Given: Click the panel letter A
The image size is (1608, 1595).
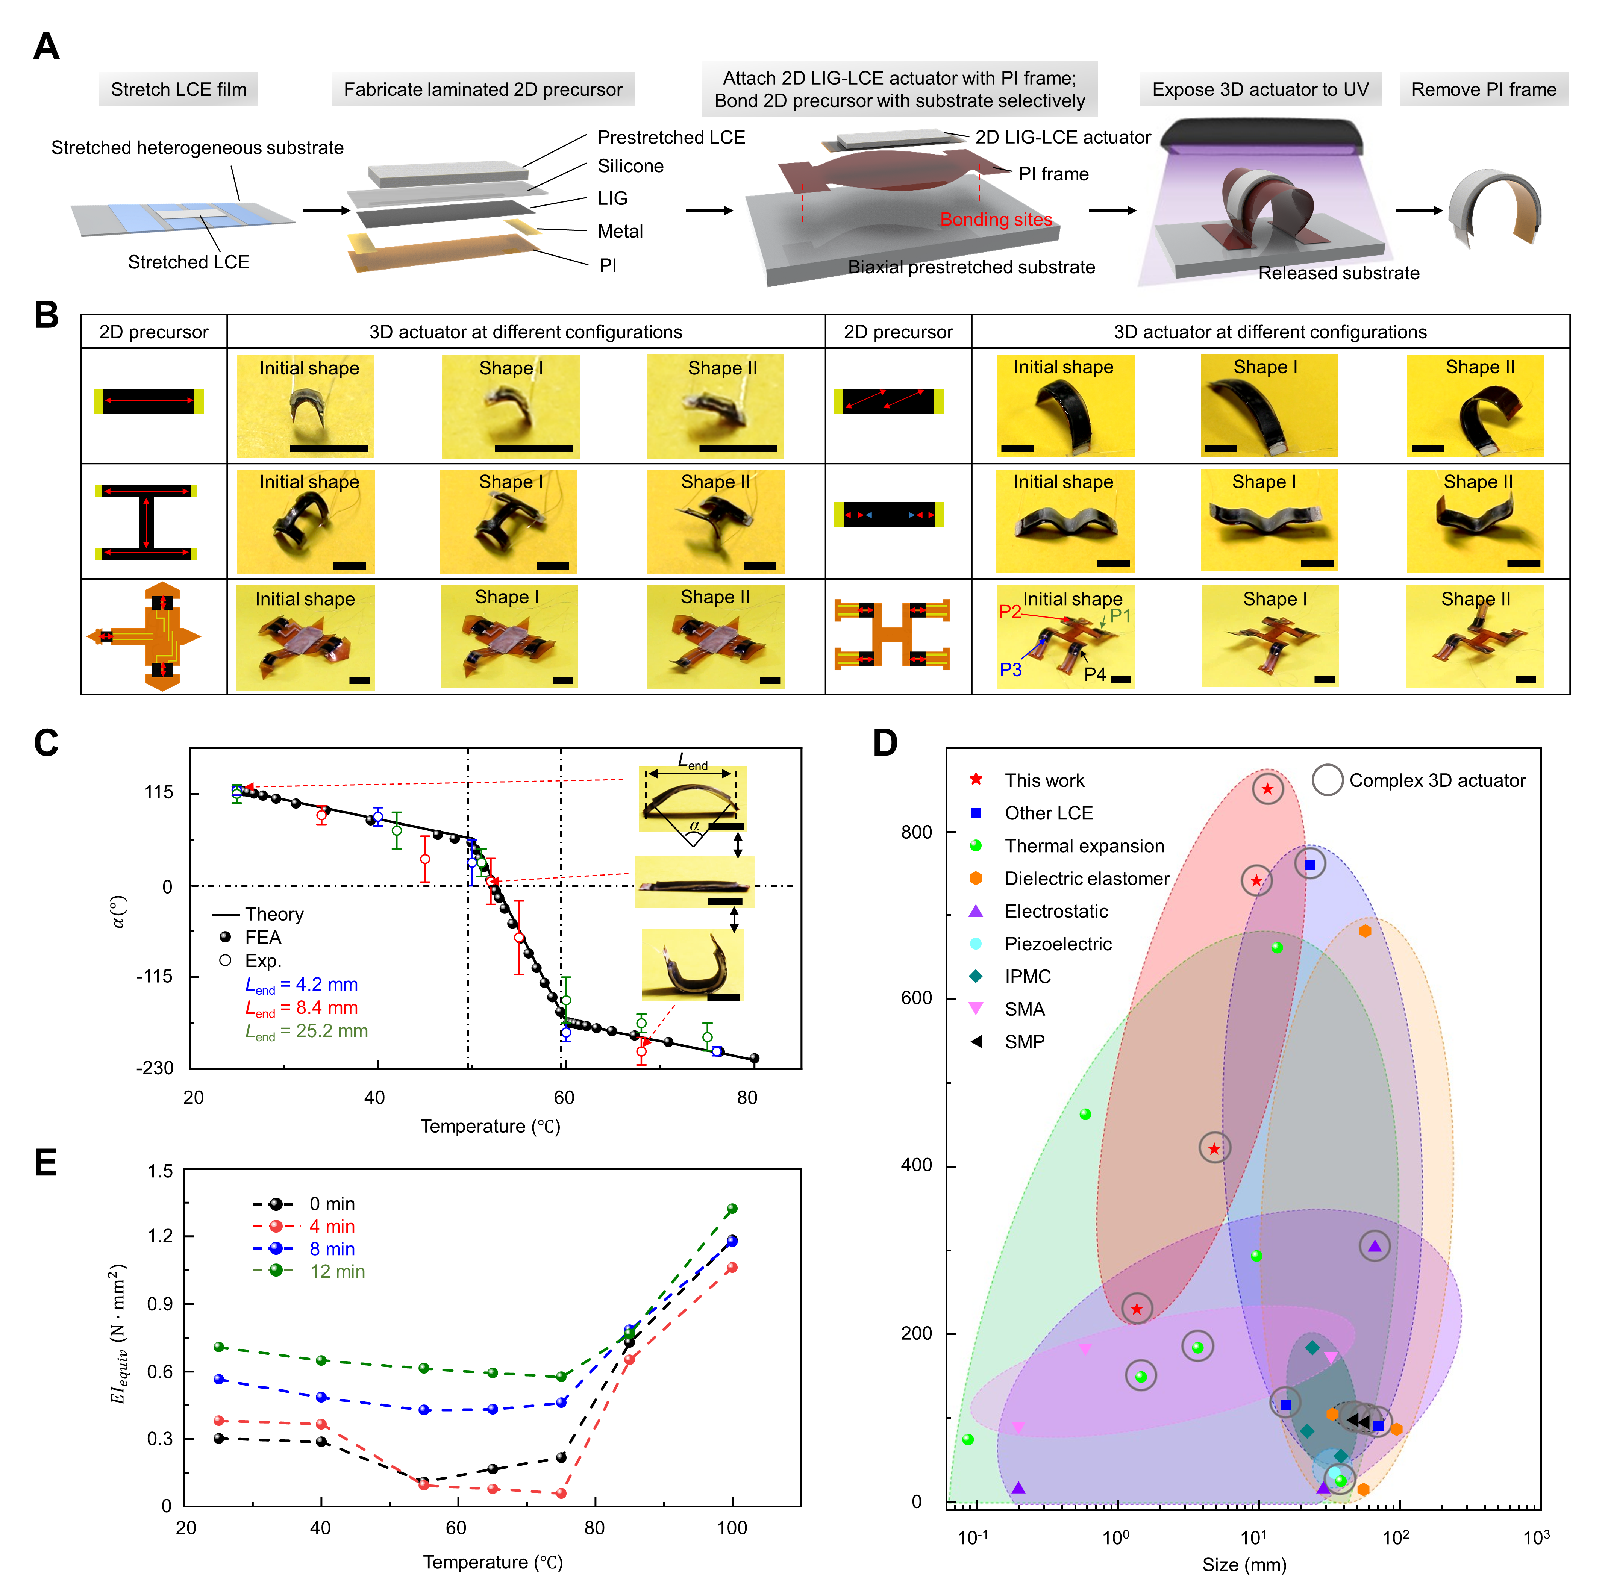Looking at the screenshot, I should (47, 47).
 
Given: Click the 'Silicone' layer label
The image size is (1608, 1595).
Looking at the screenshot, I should (630, 167).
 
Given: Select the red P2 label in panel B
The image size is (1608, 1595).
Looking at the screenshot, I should (1009, 612).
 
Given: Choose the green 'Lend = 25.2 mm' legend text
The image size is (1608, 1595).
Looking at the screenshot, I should (306, 1032).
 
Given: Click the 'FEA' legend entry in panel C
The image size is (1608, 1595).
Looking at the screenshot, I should (263, 938).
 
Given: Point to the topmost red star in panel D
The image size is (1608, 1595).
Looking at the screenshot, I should (1267, 789).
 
